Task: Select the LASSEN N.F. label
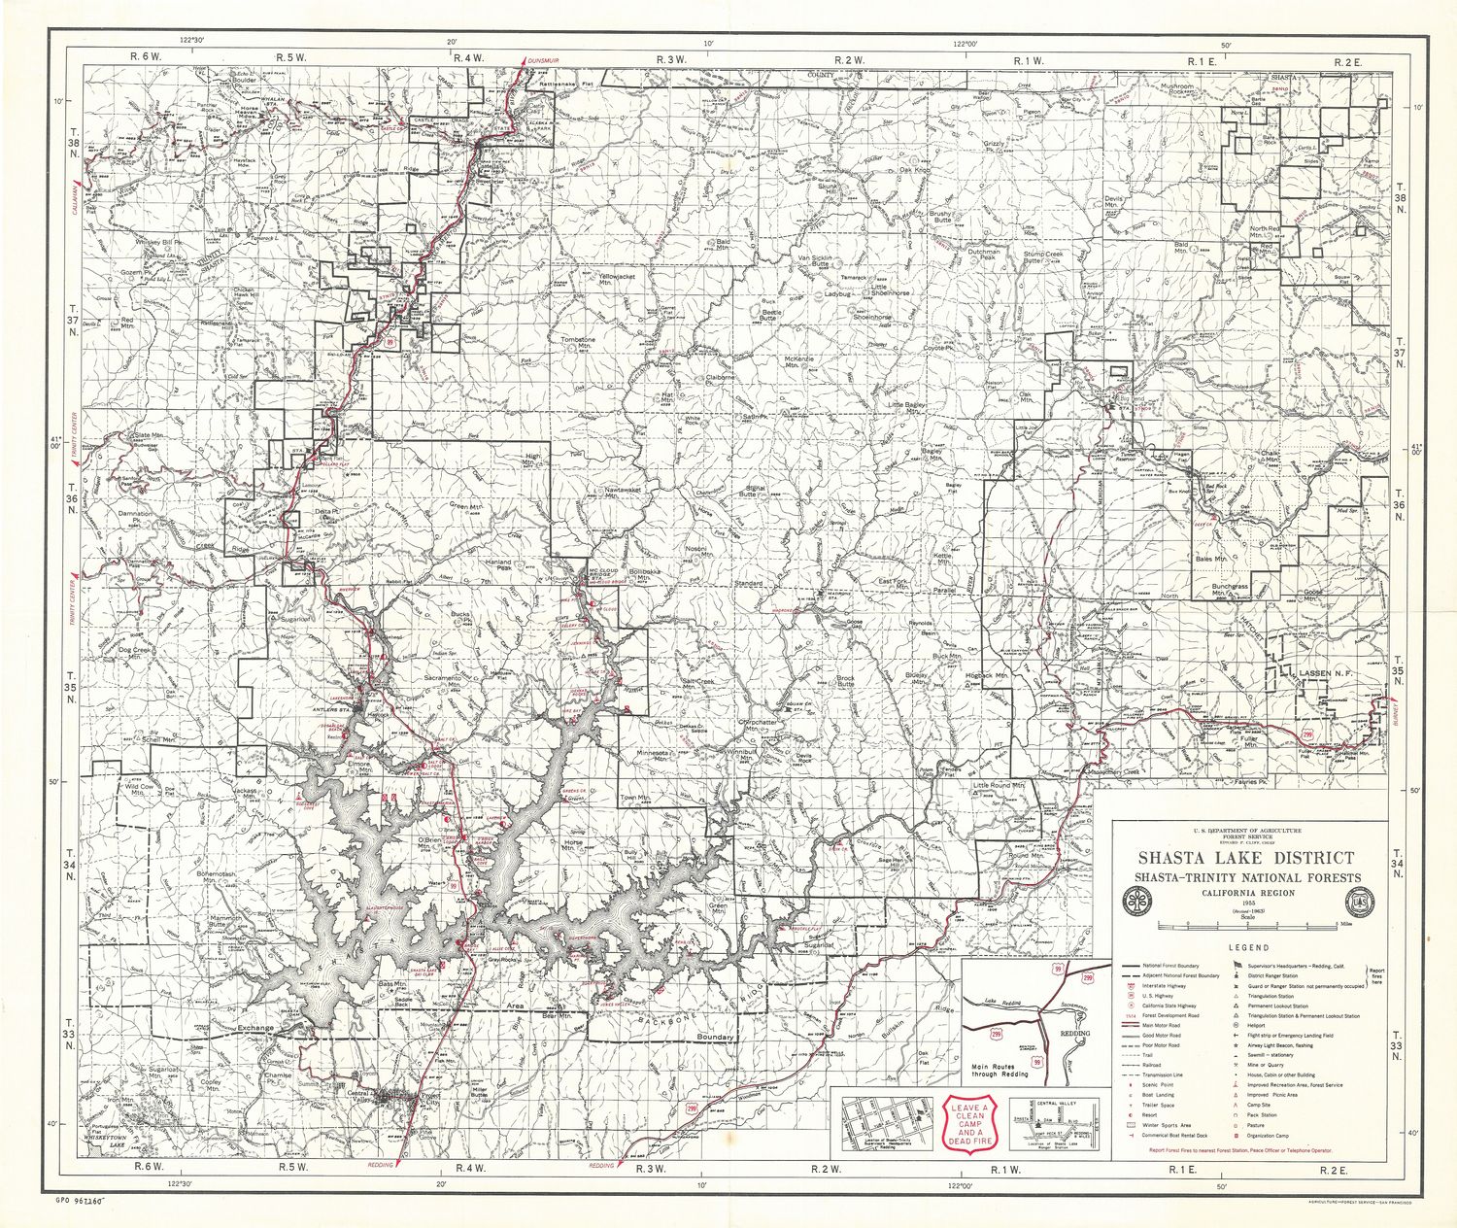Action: [1326, 670]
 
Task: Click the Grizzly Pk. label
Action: [993, 145]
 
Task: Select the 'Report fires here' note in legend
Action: [1375, 975]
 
